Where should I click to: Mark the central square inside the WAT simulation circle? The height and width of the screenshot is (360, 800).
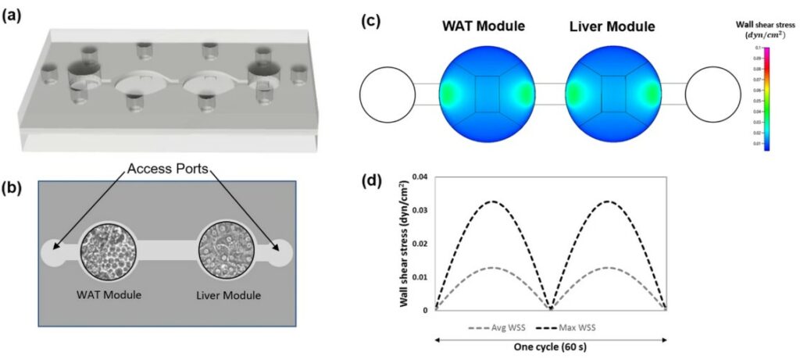click(x=486, y=94)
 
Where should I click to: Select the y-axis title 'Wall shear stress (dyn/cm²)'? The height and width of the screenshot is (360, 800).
click(x=408, y=244)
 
